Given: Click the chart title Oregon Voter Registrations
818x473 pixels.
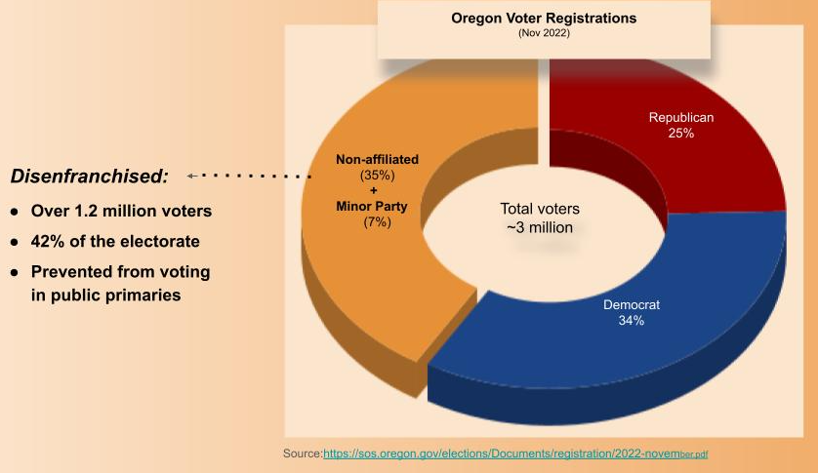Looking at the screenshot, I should (544, 18).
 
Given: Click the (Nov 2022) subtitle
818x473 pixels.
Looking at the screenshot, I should (544, 33).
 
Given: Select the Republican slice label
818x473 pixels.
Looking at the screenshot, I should (681, 117).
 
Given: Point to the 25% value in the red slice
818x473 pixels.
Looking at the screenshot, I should (681, 133).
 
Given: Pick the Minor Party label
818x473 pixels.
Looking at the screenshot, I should (376, 207).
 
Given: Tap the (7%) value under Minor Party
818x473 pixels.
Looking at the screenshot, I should (376, 222).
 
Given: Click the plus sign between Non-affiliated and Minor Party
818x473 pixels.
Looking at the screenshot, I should (375, 191).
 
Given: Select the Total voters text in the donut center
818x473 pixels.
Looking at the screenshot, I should (540, 209).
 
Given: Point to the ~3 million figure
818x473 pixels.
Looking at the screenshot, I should (540, 227).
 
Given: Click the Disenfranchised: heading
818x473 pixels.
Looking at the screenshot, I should (89, 177).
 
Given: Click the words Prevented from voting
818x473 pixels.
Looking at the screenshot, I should (120, 271).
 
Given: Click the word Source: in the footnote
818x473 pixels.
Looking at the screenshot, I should (303, 454).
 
